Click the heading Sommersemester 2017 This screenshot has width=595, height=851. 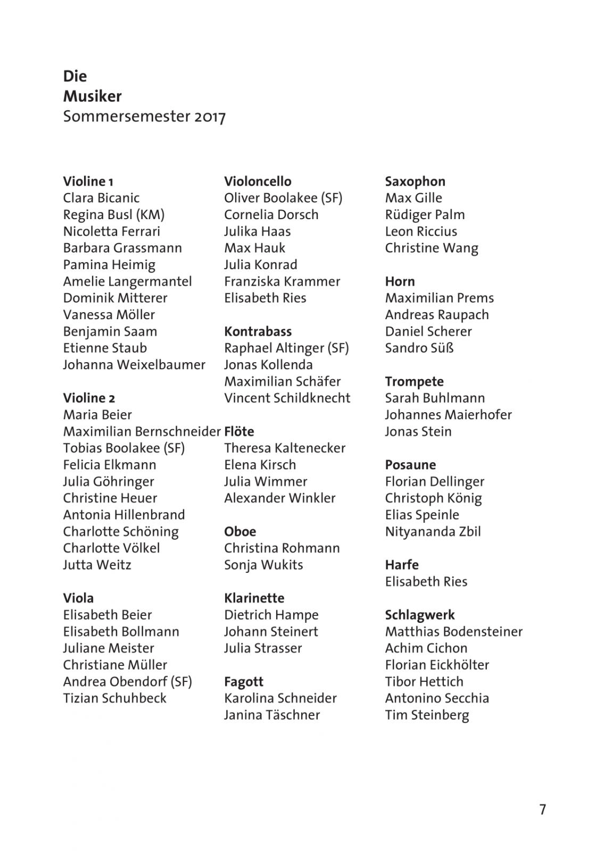click(x=144, y=116)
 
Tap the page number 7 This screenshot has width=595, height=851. click(x=542, y=810)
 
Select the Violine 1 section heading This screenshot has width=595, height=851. click(x=88, y=181)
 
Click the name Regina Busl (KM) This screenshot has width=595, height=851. click(x=114, y=215)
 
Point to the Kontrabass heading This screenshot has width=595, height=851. click(x=258, y=331)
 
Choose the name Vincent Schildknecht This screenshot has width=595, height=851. click(x=287, y=398)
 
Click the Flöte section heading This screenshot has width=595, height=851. click(x=239, y=431)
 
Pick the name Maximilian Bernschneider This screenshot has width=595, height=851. click(x=142, y=431)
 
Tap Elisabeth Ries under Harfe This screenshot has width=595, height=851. click(x=426, y=581)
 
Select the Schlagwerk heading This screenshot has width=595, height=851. click(x=419, y=615)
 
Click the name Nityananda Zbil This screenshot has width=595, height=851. click(x=433, y=531)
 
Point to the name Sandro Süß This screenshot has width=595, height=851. click(x=419, y=348)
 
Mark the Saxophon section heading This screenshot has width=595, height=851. click(x=415, y=181)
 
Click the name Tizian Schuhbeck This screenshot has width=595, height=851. click(x=114, y=698)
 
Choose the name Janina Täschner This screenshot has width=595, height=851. click(x=272, y=715)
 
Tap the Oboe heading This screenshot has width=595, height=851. click(x=240, y=531)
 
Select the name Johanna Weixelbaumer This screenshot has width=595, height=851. click(x=134, y=365)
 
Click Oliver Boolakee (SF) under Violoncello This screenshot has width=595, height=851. click(x=283, y=198)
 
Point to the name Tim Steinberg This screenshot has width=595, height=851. click(x=427, y=715)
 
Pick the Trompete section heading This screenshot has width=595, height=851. click(x=414, y=381)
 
